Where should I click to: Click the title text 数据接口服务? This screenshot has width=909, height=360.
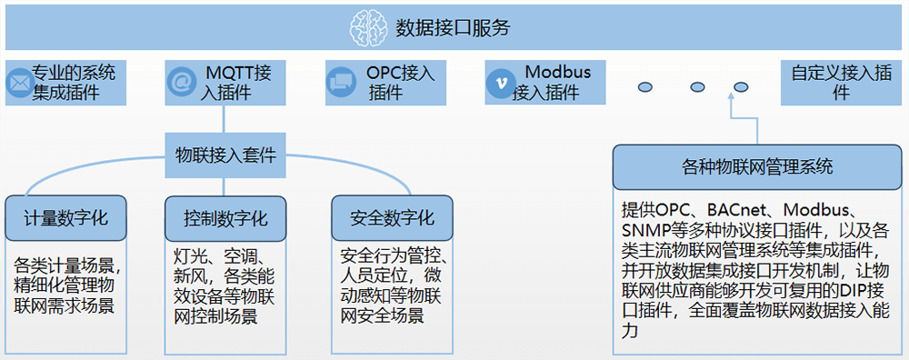click(x=453, y=27)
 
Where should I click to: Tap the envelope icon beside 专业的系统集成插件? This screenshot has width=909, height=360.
click(x=18, y=83)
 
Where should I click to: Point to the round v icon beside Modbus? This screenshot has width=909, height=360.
click(x=499, y=83)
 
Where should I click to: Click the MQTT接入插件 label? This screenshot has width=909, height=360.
click(x=238, y=82)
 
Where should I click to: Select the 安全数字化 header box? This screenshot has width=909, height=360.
click(x=392, y=218)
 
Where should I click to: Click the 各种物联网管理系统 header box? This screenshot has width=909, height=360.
click(x=756, y=167)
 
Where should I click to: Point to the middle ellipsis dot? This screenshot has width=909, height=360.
click(x=697, y=87)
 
